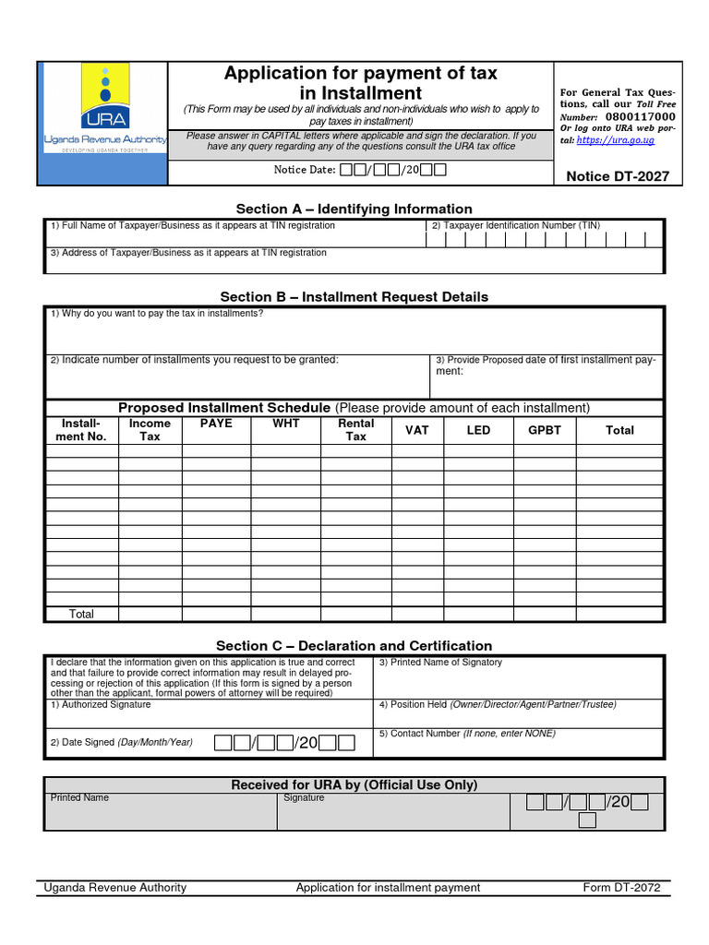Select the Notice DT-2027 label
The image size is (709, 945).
(617, 176)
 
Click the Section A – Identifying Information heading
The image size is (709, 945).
(354, 209)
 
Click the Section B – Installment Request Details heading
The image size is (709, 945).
(354, 297)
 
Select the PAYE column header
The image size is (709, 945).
(216, 424)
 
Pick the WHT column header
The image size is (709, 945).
(286, 424)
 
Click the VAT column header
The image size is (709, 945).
(417, 430)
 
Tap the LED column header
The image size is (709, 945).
(478, 430)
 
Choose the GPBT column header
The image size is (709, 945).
(545, 430)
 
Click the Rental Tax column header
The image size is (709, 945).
(356, 430)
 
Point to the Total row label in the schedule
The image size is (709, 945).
(81, 614)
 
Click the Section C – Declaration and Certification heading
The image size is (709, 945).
(354, 646)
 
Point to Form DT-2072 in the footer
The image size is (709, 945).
(621, 888)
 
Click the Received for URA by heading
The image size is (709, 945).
(354, 785)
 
